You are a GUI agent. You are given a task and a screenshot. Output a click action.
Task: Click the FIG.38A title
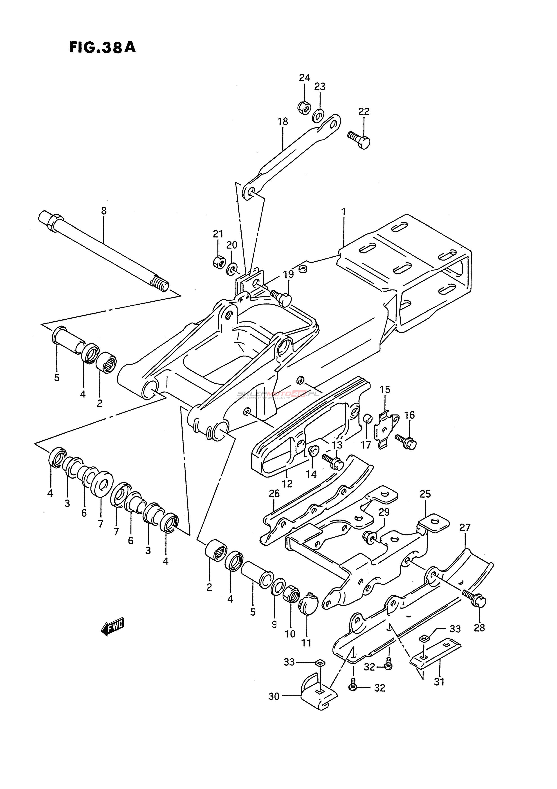(102, 47)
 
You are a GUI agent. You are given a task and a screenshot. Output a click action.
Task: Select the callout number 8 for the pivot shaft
(104, 210)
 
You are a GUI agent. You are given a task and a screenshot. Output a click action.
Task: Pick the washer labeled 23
(319, 115)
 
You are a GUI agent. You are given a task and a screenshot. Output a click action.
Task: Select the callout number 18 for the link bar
(283, 122)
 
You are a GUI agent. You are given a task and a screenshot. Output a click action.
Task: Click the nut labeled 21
(218, 262)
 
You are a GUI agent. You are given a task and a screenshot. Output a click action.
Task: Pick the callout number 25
(425, 494)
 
